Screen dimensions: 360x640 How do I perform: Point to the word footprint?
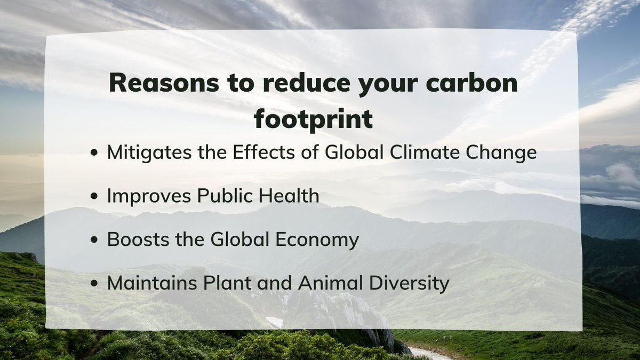pos(313,120)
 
